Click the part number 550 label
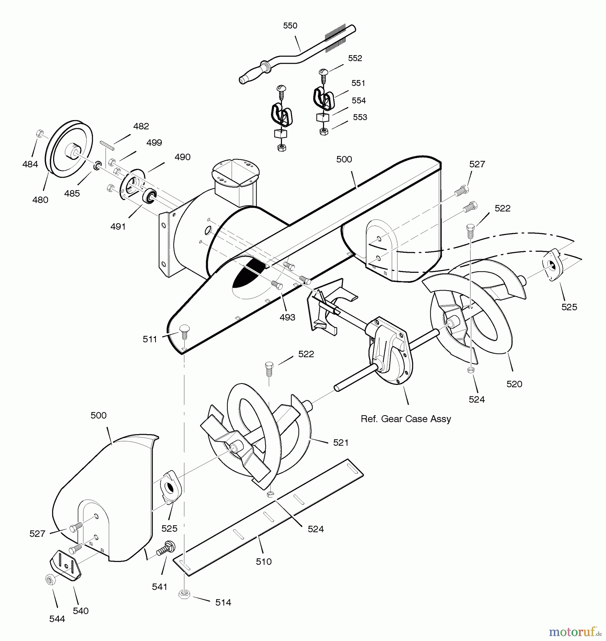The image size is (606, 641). (290, 26)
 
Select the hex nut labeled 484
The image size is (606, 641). (40, 134)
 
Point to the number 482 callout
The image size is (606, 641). (141, 126)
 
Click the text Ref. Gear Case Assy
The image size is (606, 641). (406, 419)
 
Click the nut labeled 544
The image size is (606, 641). (49, 579)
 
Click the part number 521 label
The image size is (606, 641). (341, 442)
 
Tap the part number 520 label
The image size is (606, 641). (514, 384)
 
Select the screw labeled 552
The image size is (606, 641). (323, 73)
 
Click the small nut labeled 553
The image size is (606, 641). (324, 131)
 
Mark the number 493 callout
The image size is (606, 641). (287, 317)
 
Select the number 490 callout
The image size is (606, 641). (182, 157)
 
